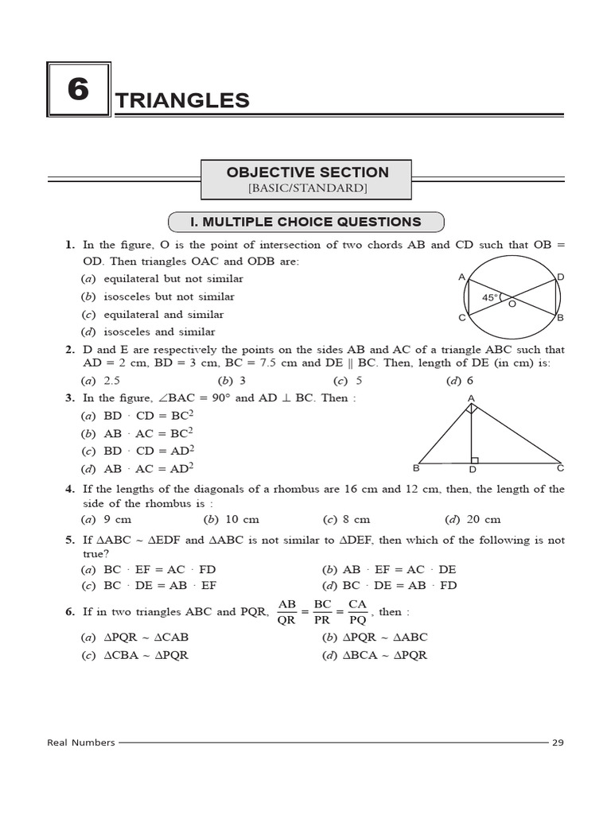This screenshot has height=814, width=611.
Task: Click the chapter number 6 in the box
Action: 78,89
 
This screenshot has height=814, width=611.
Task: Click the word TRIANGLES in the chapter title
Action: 182,100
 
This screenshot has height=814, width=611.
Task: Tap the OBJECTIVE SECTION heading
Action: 307,172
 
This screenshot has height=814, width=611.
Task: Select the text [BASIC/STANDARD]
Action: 307,188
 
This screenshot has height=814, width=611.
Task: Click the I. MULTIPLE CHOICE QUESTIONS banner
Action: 306,222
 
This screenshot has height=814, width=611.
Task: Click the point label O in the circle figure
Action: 512,304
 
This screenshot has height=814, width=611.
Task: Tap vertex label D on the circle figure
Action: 560,277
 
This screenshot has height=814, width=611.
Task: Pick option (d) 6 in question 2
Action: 460,381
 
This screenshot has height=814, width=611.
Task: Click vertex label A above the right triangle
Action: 471,397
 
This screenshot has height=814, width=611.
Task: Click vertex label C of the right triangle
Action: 560,468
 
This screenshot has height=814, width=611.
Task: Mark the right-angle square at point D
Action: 475,459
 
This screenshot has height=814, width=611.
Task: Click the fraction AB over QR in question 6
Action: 286,613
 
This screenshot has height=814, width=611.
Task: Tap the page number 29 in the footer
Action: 558,742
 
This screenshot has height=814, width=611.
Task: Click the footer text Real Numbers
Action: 81,742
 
